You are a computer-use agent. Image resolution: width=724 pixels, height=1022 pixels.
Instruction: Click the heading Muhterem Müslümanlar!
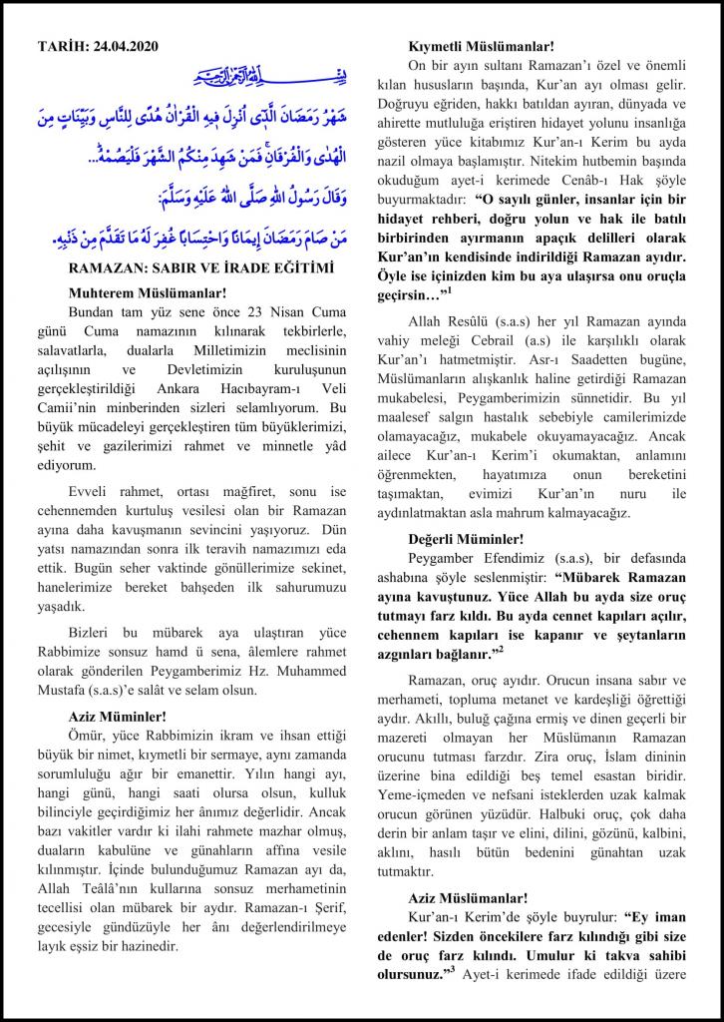148,292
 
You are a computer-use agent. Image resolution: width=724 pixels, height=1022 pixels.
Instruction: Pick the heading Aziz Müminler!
118,716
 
